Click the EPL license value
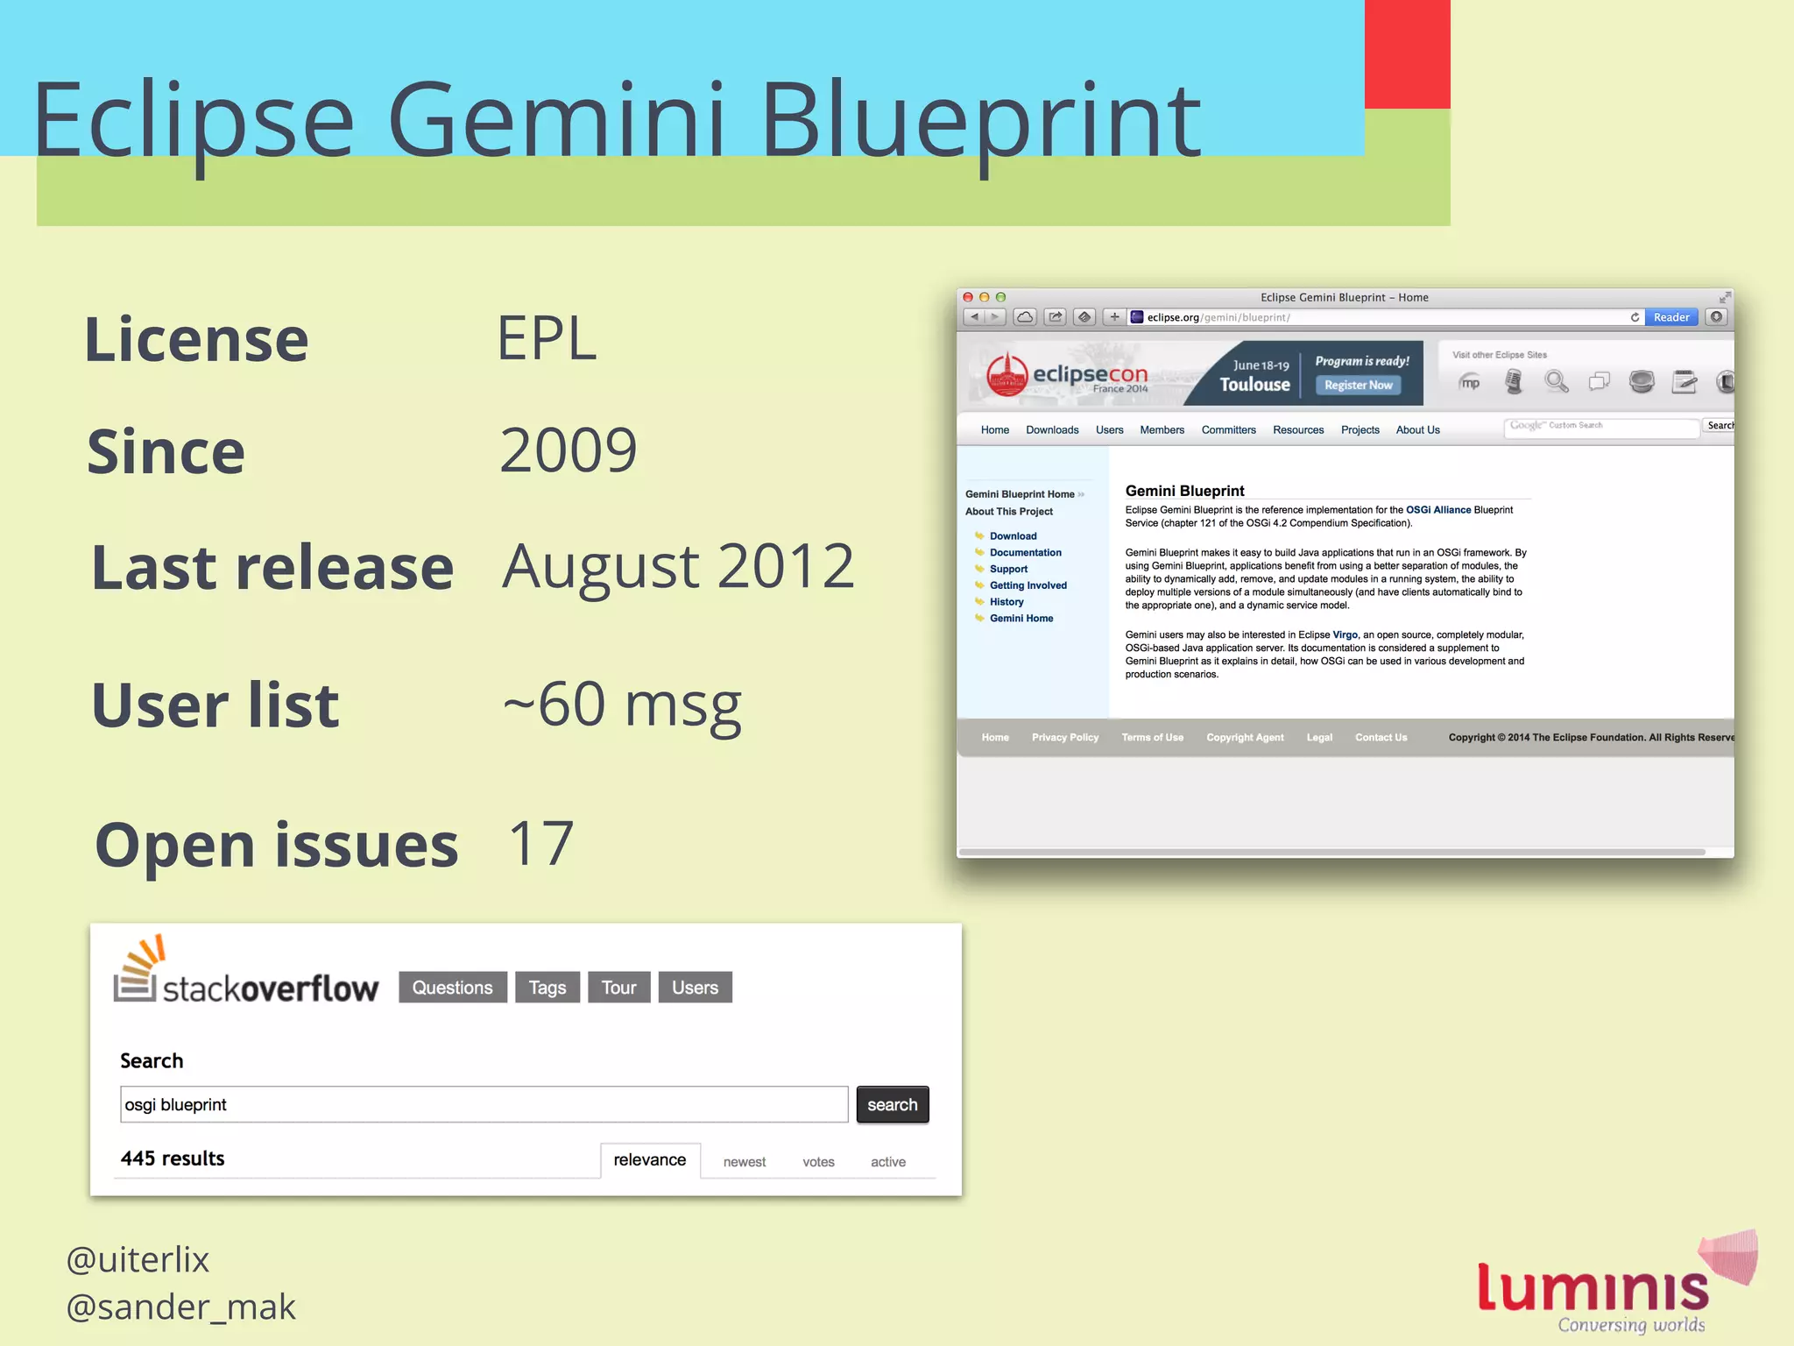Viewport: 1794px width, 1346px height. pos(547,338)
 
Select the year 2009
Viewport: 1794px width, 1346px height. pos(568,450)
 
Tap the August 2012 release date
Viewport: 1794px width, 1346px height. pos(677,566)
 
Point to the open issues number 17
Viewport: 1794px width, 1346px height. pos(540,843)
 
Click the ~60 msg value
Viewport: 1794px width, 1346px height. pos(622,705)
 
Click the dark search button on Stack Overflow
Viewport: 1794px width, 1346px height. pos(892,1105)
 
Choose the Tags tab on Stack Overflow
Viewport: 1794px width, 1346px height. pos(547,988)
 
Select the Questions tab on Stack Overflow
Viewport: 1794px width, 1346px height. pos(452,988)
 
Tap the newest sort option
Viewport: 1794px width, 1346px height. pos(744,1162)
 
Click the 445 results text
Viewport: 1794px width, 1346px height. pos(173,1158)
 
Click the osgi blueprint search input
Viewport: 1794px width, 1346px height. pos(484,1105)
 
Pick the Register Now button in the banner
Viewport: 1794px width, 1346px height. pos(1358,386)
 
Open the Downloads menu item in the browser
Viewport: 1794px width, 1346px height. pos(1052,430)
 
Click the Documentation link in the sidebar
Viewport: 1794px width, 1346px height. pos(1025,553)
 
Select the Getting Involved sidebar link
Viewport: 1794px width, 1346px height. pos(1028,585)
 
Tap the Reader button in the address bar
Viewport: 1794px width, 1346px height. pos(1670,317)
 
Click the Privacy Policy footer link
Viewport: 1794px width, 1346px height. pos(1064,738)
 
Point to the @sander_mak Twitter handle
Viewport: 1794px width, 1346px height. pos(181,1307)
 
